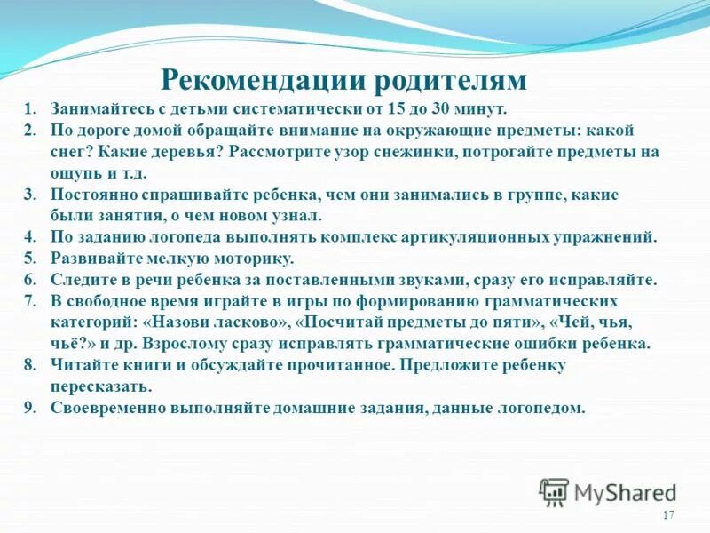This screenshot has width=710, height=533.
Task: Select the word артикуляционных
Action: [485, 237]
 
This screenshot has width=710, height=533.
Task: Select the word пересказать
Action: [100, 386]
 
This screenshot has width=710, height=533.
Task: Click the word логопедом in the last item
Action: [546, 408]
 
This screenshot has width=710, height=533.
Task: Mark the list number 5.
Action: [29, 259]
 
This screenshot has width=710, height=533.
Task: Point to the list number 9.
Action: [29, 408]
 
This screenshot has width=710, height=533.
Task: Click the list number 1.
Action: [29, 109]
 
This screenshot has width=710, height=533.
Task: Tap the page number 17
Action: [668, 516]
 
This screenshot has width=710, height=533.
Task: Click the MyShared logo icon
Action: [554, 491]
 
